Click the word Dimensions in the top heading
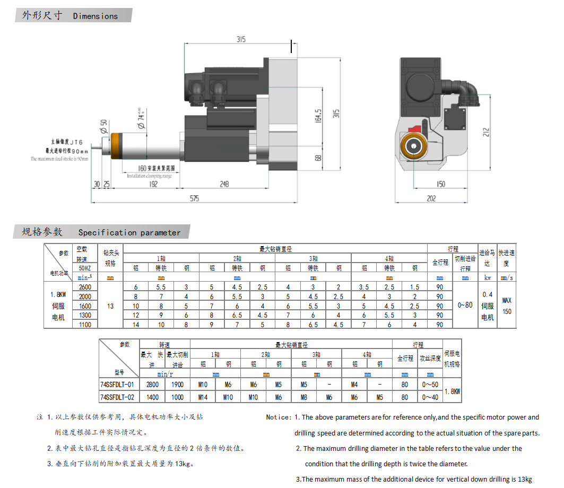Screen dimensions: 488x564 click(96, 16)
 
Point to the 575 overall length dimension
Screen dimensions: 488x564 click(194, 198)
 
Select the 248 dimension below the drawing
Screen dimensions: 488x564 click(223, 184)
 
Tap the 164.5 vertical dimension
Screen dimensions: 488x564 click(318, 116)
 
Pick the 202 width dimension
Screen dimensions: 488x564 click(431, 198)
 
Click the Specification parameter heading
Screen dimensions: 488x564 click(129, 232)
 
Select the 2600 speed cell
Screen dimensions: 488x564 click(84, 287)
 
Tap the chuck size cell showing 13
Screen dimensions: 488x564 click(110, 306)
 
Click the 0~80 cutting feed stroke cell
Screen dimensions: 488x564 click(465, 305)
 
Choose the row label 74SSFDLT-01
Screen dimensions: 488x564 click(117, 384)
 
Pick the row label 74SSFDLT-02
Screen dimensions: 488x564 click(117, 396)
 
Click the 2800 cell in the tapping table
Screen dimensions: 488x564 click(152, 384)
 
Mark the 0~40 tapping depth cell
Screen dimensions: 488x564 click(430, 396)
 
